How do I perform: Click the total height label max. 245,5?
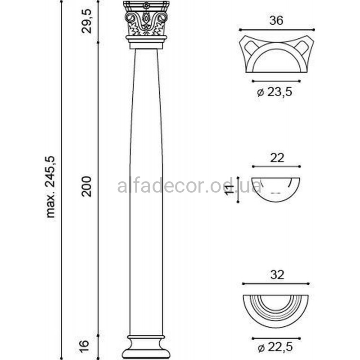pos(51,187)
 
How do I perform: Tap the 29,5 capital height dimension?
pos(86,21)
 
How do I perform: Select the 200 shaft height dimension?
pos(86,186)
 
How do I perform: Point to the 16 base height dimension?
pos(85,346)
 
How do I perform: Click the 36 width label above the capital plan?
pos(276,20)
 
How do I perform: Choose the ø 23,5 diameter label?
pos(274,92)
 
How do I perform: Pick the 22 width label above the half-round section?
pos(277,158)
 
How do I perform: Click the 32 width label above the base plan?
pos(277,274)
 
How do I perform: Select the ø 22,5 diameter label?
pos(275,347)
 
